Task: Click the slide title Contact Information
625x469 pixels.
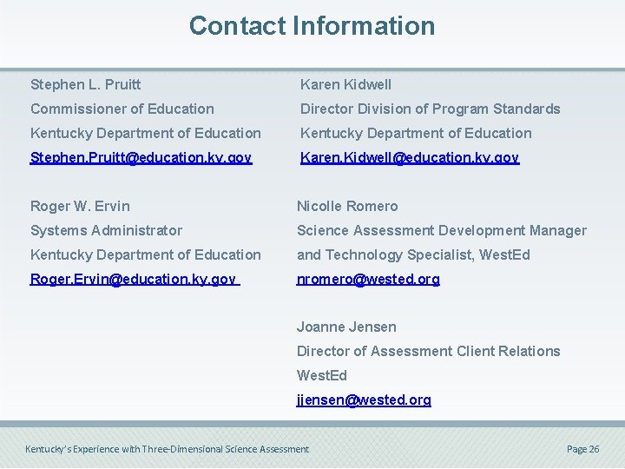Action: (x=312, y=26)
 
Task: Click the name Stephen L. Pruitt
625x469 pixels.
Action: (x=85, y=84)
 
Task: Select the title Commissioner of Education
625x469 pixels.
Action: (x=122, y=109)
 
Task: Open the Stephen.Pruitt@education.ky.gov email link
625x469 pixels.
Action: (x=141, y=157)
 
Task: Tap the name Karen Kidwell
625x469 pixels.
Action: (x=345, y=84)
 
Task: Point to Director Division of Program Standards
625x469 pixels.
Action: (x=430, y=109)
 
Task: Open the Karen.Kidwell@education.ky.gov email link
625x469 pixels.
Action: (x=409, y=157)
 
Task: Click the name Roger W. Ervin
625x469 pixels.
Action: (x=80, y=206)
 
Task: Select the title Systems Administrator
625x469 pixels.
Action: (x=106, y=230)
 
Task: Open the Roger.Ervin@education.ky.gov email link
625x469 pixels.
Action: (x=133, y=279)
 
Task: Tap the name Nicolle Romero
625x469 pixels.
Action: (x=347, y=206)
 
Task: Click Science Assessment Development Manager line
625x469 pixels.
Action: (x=441, y=230)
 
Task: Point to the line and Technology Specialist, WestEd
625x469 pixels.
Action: (x=412, y=254)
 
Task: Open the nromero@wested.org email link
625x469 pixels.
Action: (x=368, y=279)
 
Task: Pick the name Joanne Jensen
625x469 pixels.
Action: (x=346, y=327)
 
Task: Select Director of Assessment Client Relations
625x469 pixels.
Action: (x=428, y=351)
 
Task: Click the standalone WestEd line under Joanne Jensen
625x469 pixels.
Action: (x=321, y=375)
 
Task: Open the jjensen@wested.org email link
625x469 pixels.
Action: (x=364, y=400)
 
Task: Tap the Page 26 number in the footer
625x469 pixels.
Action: (x=582, y=449)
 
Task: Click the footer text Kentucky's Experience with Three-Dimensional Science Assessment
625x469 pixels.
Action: (x=167, y=449)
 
